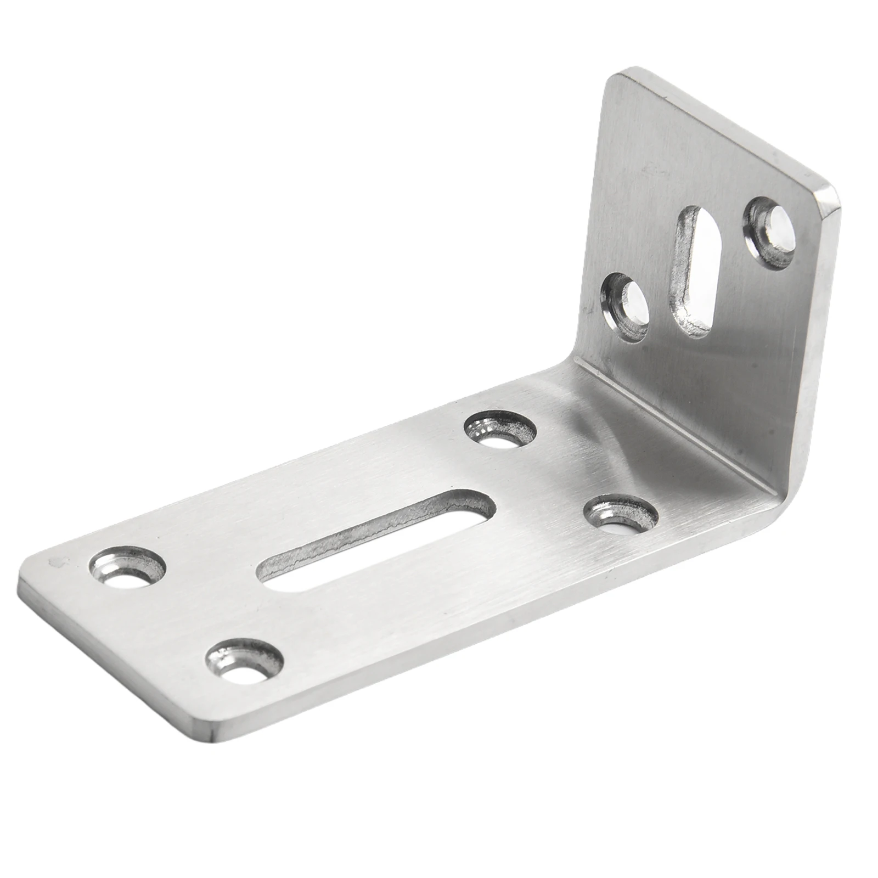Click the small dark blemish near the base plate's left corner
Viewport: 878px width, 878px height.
tap(55, 562)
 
